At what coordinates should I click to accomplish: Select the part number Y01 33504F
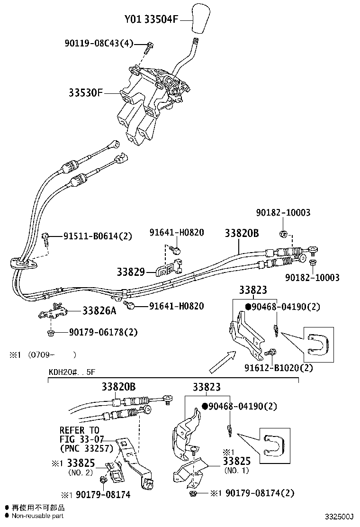point(152,19)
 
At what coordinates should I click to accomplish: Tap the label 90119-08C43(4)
point(99,44)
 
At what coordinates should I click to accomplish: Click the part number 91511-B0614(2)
point(98,236)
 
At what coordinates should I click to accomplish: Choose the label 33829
point(130,272)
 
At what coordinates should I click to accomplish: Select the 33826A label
point(99,311)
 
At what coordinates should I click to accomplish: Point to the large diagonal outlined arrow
point(221,362)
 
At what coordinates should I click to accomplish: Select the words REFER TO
point(79,430)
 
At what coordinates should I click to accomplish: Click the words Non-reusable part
point(37,516)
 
